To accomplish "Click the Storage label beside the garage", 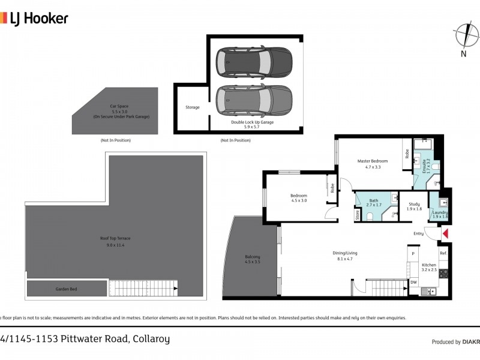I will [192, 107].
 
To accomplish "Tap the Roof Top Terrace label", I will [115, 238].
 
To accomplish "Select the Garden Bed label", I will [66, 289].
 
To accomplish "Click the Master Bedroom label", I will [373, 161].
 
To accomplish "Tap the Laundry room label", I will [440, 212].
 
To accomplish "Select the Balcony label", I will [252, 257].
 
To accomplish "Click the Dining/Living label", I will [344, 253].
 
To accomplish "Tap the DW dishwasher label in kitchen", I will [413, 281].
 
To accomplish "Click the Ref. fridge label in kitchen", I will [443, 254].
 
